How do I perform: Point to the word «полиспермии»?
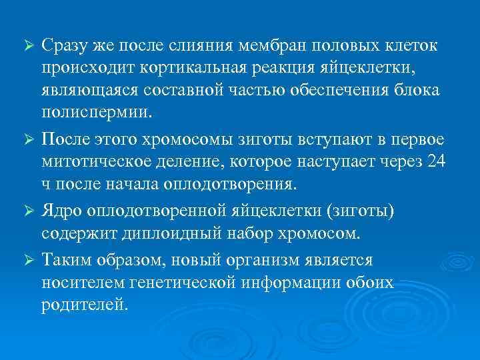pyautogui.click(x=87, y=111)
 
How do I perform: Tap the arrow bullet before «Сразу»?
pyautogui.click(x=28, y=46)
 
